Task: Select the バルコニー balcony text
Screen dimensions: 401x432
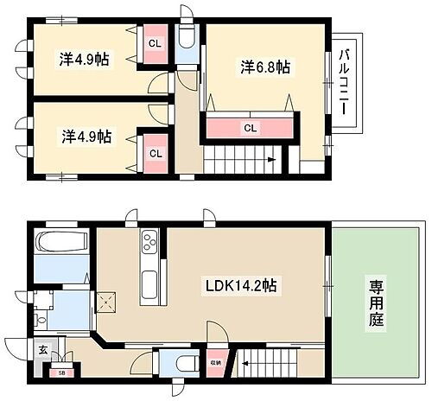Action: coord(343,84)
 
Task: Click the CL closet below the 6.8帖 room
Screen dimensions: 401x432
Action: coord(250,128)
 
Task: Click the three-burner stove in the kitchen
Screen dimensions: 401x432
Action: coord(148,240)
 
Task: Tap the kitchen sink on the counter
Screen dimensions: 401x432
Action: coord(148,281)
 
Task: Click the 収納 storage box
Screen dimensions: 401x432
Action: coord(215,362)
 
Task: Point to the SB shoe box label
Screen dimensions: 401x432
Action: coord(61,372)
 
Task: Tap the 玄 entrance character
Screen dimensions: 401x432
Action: coord(42,350)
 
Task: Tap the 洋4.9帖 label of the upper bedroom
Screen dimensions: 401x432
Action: coord(85,60)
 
